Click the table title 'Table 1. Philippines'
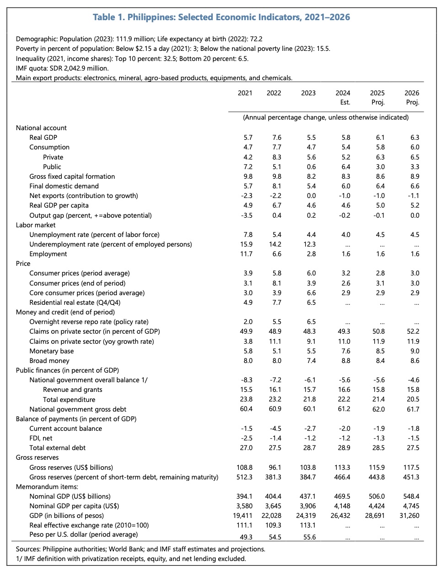(221, 17)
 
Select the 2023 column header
(308, 93)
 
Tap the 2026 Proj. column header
(412, 98)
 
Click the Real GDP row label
(43, 137)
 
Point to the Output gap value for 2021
(247, 215)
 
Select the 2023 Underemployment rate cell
(309, 244)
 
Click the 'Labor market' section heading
(36, 225)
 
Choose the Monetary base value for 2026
(415, 351)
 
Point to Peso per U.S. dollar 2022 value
(274, 537)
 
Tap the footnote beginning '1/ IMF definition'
(131, 559)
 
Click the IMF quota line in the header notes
(62, 68)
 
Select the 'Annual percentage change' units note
(325, 117)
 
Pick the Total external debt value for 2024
(344, 448)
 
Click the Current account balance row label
(66, 429)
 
